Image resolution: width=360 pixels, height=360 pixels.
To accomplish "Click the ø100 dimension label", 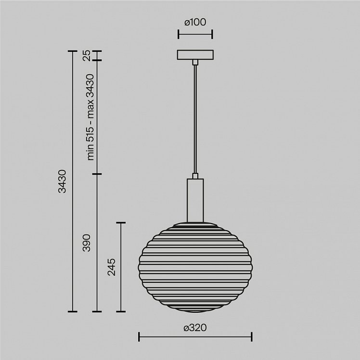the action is coord(195,22).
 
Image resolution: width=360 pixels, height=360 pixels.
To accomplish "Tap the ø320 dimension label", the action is coord(195,328).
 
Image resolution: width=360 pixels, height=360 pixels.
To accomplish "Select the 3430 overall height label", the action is coord(62,181).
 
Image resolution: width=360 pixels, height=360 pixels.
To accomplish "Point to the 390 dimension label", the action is coord(87,243).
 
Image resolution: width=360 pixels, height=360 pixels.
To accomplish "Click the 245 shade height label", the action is coord(112,267).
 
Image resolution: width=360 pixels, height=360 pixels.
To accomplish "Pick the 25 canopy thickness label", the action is coord(87,55).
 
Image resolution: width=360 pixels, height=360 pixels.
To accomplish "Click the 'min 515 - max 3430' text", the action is coord(90,117).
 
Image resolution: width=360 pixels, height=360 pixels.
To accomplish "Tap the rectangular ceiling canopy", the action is coord(195,55).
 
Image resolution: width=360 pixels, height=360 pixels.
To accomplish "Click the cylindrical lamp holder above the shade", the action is coord(195,200).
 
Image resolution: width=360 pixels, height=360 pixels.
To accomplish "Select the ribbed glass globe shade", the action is coord(195,267).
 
